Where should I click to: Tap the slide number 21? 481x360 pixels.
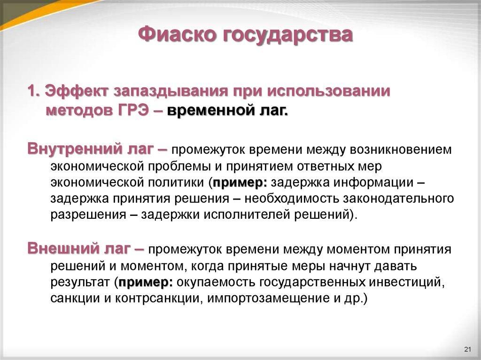click(467, 349)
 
